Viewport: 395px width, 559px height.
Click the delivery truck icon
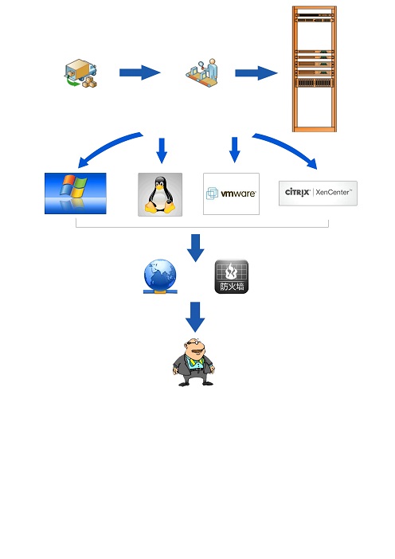[80, 73]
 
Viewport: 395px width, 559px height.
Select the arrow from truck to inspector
[139, 72]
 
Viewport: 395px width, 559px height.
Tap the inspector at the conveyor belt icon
[202, 72]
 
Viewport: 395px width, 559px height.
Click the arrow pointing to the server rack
[256, 73]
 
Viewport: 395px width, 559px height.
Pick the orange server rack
[315, 68]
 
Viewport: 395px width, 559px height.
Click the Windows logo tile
[75, 193]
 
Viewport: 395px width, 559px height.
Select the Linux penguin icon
[160, 194]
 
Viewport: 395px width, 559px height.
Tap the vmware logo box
[231, 194]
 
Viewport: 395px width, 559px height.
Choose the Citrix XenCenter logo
[318, 193]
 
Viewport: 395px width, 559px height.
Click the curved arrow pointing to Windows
[106, 146]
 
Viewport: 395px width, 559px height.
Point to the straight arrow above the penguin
[162, 150]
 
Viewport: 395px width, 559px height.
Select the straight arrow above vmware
[235, 150]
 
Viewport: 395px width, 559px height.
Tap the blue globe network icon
[160, 276]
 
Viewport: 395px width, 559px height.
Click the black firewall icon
[232, 276]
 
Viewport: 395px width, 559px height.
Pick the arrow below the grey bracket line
[195, 248]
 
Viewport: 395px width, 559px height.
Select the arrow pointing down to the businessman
[195, 317]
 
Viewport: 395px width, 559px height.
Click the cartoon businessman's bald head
[194, 343]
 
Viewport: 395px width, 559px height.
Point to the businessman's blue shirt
[195, 363]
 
